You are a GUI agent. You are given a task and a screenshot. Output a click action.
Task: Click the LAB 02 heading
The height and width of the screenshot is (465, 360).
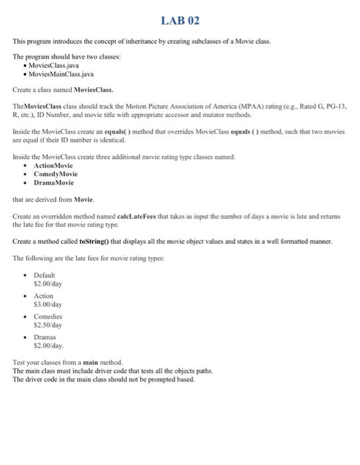pos(179,21)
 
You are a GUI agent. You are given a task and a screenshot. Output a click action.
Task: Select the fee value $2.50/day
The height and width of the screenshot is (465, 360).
pos(47,325)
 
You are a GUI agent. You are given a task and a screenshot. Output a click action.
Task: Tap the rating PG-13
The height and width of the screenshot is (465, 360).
pos(336,106)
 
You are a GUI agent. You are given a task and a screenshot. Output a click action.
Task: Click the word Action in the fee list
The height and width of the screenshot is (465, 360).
pos(43,296)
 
